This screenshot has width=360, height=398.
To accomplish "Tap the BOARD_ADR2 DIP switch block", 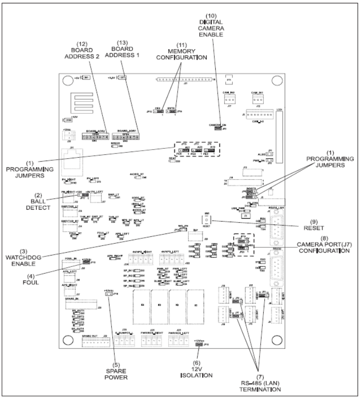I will [x=95, y=137].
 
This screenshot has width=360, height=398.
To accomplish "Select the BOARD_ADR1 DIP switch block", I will [x=127, y=137].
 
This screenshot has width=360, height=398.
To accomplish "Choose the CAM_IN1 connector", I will [x=255, y=100].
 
